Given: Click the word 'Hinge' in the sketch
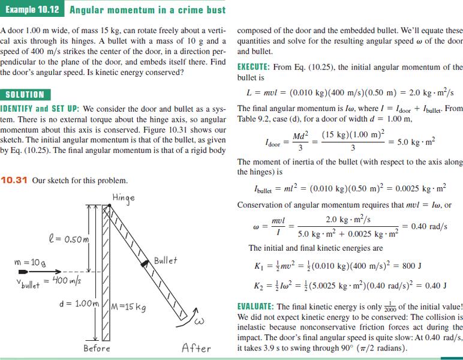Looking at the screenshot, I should tap(123, 197).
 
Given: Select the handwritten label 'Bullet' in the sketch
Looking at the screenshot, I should tap(166, 260).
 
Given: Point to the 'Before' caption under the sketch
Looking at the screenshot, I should tap(97, 348).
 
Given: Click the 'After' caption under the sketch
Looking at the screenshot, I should tap(196, 348).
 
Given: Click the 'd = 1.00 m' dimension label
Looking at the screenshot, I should tap(77, 302).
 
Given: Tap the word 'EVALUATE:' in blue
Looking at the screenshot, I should tap(259, 306).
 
